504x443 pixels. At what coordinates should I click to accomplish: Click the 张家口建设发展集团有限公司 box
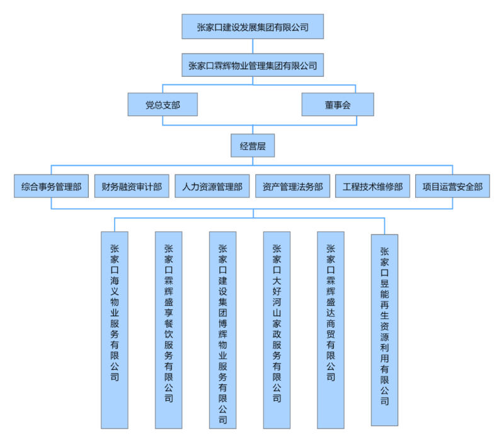pyautogui.click(x=253, y=27)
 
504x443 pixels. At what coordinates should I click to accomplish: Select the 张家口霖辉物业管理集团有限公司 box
pyautogui.click(x=253, y=65)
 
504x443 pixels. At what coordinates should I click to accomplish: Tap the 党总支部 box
pyautogui.click(x=163, y=105)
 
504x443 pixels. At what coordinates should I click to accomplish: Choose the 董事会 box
pyautogui.click(x=338, y=105)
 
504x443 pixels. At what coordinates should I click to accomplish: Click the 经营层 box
pyautogui.click(x=253, y=146)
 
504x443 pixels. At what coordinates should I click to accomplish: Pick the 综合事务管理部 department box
pyautogui.click(x=51, y=187)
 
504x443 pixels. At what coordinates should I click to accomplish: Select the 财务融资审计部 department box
pyautogui.click(x=132, y=187)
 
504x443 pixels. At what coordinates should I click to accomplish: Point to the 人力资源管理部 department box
pyautogui.click(x=212, y=187)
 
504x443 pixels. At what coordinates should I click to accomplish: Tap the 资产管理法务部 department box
pyautogui.click(x=292, y=187)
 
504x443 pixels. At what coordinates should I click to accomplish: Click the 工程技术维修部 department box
pyautogui.click(x=373, y=187)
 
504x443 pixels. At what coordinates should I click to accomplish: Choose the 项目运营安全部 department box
pyautogui.click(x=452, y=187)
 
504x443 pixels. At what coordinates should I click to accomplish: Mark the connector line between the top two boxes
pyautogui.click(x=253, y=46)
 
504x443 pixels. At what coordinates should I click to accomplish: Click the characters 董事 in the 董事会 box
pyautogui.click(x=333, y=105)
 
